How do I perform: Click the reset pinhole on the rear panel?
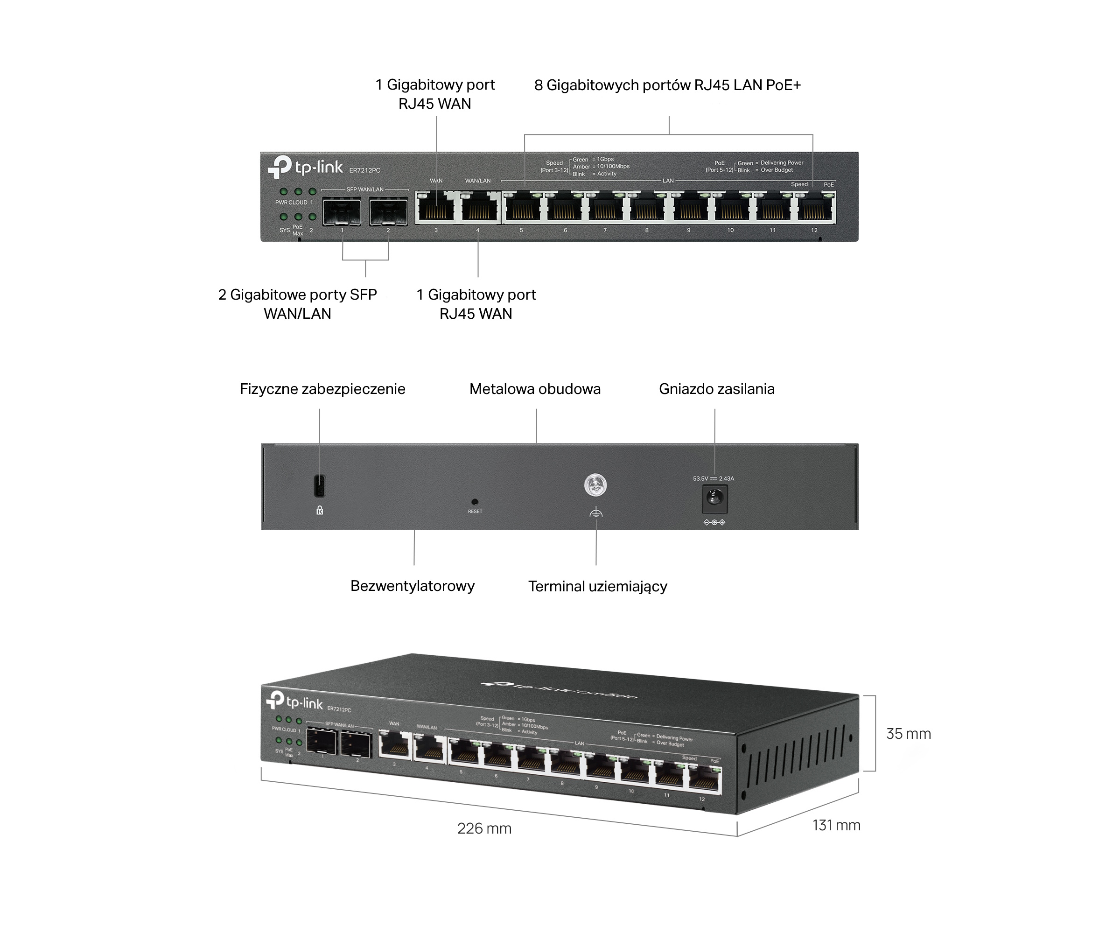pyautogui.click(x=475, y=501)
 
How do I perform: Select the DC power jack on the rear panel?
pyautogui.click(x=714, y=499)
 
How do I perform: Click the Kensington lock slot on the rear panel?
pyautogui.click(x=320, y=485)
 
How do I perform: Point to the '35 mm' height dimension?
pyautogui.click(x=908, y=734)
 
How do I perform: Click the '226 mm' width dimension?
pyautogui.click(x=484, y=828)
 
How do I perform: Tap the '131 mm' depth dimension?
pyautogui.click(x=836, y=825)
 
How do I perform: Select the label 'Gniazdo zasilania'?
pyautogui.click(x=716, y=389)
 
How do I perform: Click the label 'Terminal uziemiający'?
pyautogui.click(x=597, y=586)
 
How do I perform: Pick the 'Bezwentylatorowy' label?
pyautogui.click(x=412, y=586)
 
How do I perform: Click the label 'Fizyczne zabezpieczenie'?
pyautogui.click(x=322, y=389)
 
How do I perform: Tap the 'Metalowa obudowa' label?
pyautogui.click(x=534, y=389)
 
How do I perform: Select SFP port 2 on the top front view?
pyautogui.click(x=388, y=211)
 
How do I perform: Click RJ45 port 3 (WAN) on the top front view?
pyautogui.click(x=436, y=208)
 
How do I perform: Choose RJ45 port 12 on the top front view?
pyautogui.click(x=814, y=208)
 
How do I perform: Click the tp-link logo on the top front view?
pyautogui.click(x=305, y=167)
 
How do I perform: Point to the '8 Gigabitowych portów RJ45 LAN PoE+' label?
pyautogui.click(x=667, y=85)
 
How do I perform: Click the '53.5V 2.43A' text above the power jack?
pyautogui.click(x=713, y=478)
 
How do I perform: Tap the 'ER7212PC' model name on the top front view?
pyautogui.click(x=364, y=171)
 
